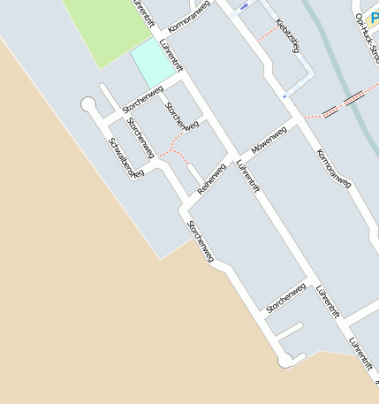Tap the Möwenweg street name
coord(269,141)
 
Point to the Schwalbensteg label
coord(125,156)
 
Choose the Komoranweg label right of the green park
coord(189,17)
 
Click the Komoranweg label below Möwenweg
coord(333,168)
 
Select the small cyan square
coord(152,62)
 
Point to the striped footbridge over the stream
coord(343,104)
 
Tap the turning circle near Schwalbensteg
coord(88,105)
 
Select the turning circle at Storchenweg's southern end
coord(286,360)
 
